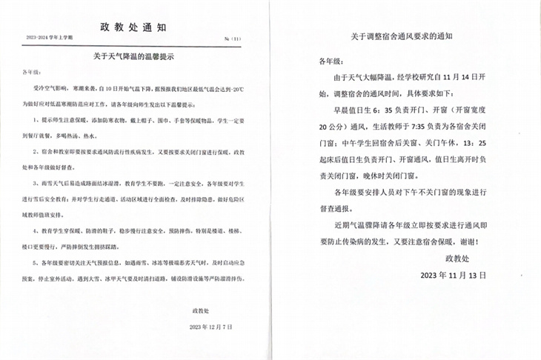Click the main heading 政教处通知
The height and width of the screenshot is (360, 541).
pos(132,27)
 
